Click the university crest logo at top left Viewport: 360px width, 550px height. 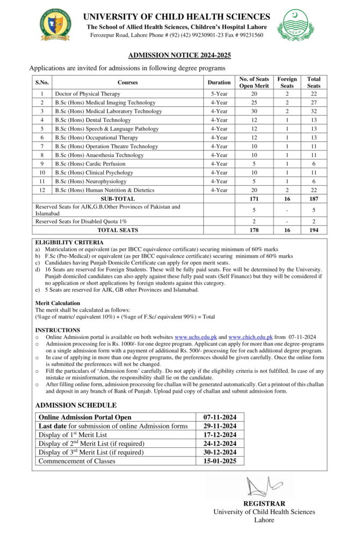[x=55, y=24]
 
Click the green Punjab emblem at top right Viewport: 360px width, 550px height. [x=296, y=24]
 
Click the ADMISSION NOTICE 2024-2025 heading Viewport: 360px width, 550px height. [x=179, y=55]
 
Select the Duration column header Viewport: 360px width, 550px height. [x=219, y=82]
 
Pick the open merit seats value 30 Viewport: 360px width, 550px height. [x=254, y=111]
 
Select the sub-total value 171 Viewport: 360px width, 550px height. [x=254, y=199]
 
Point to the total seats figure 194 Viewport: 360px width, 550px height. [x=314, y=230]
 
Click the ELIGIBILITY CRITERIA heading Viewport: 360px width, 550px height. [x=69, y=243]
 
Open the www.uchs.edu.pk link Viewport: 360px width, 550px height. [x=195, y=337]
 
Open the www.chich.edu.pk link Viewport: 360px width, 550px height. [x=250, y=337]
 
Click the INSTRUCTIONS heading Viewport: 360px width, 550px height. [x=57, y=330]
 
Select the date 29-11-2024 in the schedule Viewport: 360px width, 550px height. [x=220, y=426]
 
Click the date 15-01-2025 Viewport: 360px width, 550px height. [x=220, y=461]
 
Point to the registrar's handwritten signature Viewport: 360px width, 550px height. [x=263, y=487]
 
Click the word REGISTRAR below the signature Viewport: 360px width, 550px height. [x=264, y=504]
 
